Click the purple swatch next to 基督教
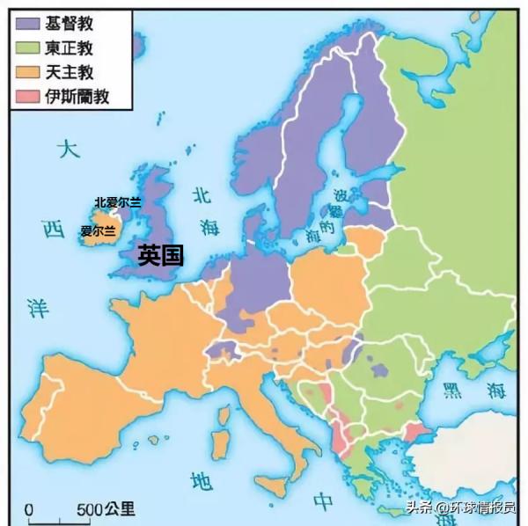(29, 24)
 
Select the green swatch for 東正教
(29, 48)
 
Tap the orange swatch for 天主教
(29, 72)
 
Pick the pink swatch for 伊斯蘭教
(29, 96)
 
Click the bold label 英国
(161, 256)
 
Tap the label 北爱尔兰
(118, 202)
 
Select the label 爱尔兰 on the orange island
(98, 231)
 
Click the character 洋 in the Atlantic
(37, 308)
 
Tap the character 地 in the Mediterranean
(202, 480)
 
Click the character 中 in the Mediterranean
(325, 501)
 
